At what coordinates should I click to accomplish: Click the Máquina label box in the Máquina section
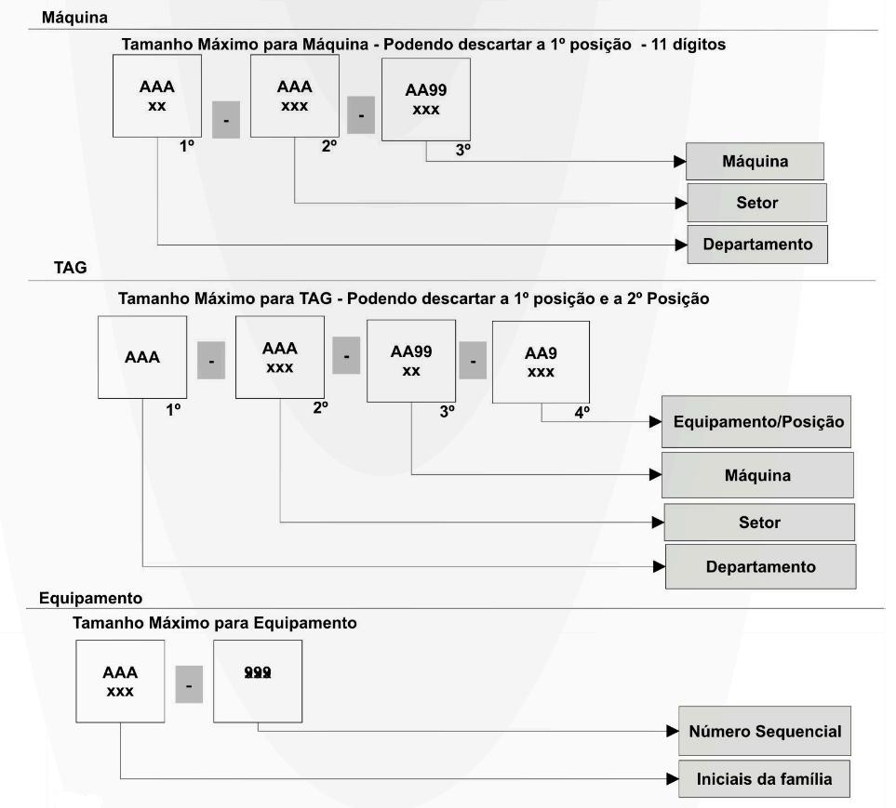click(x=756, y=162)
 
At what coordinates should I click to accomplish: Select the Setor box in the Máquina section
click(x=756, y=203)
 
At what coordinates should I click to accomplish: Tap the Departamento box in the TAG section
click(x=760, y=566)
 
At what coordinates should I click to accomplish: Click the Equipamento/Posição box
click(x=757, y=421)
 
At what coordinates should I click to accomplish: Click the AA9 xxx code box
click(x=540, y=362)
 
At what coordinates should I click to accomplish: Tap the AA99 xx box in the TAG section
click(x=411, y=361)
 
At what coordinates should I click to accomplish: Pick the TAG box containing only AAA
click(x=141, y=357)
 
